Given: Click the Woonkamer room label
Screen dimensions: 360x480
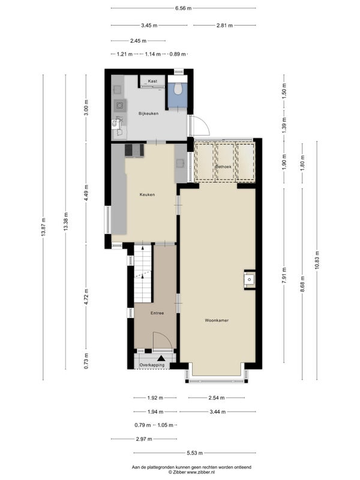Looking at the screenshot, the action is [217, 320].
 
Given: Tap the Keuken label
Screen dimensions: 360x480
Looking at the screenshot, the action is [147, 194].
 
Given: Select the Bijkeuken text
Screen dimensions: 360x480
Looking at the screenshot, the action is [148, 113].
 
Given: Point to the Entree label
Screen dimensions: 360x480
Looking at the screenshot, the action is [157, 313].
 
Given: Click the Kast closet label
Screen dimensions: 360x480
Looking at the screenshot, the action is [152, 81].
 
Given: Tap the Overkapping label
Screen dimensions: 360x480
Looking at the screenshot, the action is [152, 365].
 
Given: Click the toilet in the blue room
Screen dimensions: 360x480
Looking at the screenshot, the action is [178, 89].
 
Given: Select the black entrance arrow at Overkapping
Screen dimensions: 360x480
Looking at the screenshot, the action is [161, 358].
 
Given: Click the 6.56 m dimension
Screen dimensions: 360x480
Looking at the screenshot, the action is [184, 8].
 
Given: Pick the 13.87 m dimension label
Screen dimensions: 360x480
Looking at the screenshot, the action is [43, 227].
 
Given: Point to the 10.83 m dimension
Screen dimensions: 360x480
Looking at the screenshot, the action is [317, 260].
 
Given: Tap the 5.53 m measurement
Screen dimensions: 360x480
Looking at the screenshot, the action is [194, 453].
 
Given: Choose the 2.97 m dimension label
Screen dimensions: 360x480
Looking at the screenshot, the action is [144, 439].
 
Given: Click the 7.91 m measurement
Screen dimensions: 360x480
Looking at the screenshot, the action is [284, 275].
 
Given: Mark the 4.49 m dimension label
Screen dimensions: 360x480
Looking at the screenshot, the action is [86, 193].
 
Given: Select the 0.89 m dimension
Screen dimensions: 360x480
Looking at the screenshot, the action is [178, 54].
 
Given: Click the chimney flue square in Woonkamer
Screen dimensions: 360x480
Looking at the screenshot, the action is [250, 279].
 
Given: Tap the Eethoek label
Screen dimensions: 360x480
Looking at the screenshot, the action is [223, 167].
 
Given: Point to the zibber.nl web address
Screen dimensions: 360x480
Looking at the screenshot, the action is [200, 472].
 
